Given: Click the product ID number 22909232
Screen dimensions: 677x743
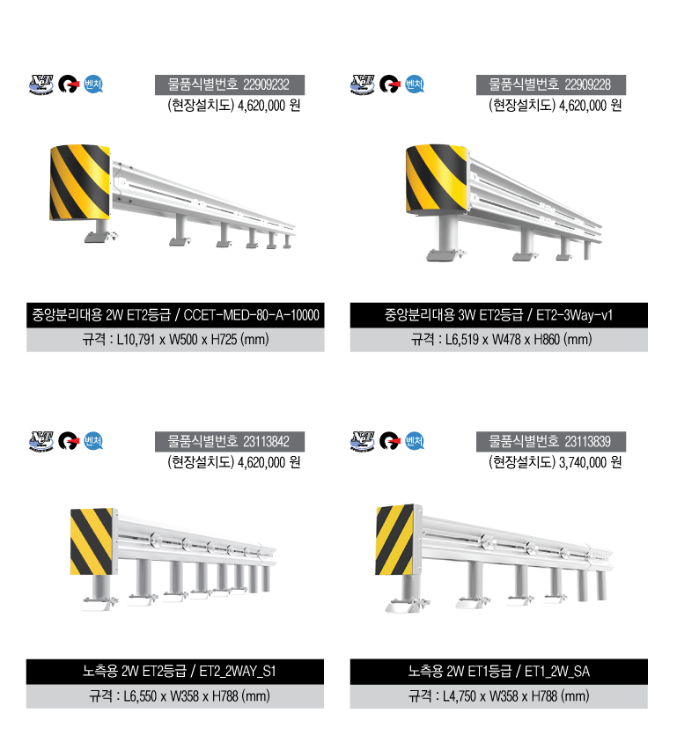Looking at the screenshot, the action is coord(266,85).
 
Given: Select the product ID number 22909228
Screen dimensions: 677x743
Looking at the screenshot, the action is coord(587,85).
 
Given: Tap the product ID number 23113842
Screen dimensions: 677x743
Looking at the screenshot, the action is coord(266,442).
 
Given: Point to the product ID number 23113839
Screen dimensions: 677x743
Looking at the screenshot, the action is coord(587,442).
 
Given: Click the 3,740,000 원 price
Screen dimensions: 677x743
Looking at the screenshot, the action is coord(591,462).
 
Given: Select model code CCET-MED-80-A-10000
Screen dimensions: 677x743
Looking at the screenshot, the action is coord(251,315).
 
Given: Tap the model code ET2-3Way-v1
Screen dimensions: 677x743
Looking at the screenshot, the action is coord(574,315).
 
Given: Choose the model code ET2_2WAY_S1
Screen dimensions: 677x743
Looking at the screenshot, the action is coord(238,672).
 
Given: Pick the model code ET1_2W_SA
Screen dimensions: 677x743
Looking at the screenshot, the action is coord(557,672).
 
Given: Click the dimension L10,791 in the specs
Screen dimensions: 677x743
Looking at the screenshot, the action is coord(136,340).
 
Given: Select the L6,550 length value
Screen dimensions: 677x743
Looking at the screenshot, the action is coord(140,696).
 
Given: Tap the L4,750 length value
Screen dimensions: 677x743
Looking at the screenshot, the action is coord(460,696).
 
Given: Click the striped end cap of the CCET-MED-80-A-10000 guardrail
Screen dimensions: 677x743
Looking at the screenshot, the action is coord(80,182).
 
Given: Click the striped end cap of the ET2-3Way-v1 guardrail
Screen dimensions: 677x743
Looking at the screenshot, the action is coord(437,179).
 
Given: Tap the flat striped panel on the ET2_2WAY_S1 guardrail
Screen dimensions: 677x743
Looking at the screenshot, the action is coord(92,541).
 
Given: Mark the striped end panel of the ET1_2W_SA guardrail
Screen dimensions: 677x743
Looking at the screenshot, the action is coord(395,540).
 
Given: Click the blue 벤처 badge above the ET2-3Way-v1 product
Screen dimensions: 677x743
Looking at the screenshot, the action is coord(415,85).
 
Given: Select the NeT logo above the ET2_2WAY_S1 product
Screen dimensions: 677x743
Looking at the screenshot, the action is coord(41,441).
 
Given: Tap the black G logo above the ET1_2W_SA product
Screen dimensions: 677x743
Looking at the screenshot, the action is coord(389,441).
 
